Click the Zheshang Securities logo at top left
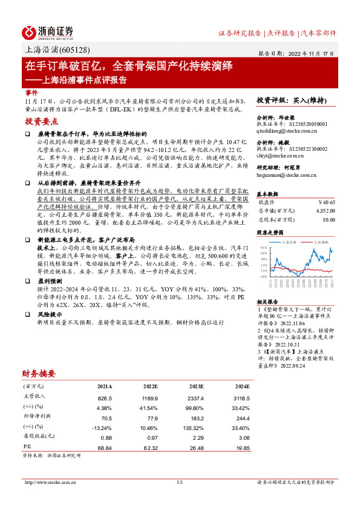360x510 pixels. pyautogui.click(x=48, y=32)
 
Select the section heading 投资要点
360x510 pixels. pyautogui.click(x=41, y=121)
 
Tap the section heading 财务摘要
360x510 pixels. pyautogui.click(x=39, y=373)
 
